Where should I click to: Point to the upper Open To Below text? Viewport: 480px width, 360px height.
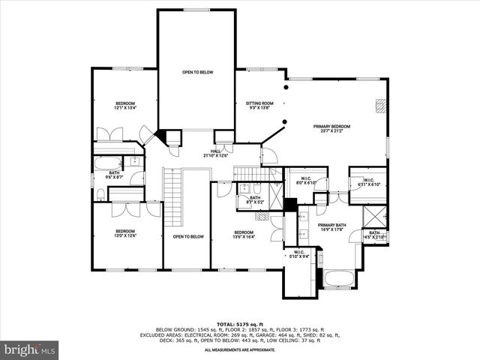click(x=197, y=72)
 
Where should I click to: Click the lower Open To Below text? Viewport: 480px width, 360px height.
click(x=187, y=236)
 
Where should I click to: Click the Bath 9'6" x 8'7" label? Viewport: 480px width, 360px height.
click(x=114, y=175)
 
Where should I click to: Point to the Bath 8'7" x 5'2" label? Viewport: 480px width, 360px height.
click(x=255, y=199)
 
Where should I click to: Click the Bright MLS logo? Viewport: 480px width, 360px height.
click(x=30, y=349)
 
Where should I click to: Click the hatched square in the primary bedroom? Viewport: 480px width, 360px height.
click(x=381, y=106)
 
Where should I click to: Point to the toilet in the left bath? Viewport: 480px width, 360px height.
click(x=100, y=194)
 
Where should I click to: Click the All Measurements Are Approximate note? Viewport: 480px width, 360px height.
click(x=239, y=349)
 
